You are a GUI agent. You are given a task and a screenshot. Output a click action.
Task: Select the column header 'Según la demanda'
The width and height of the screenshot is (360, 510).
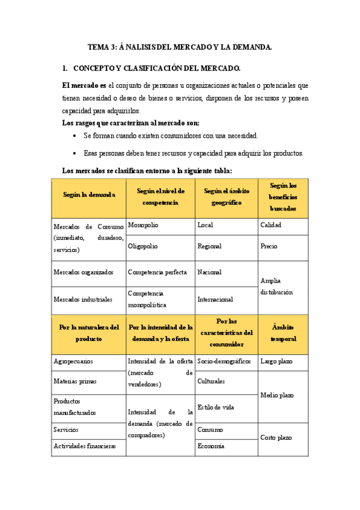[x=89, y=194]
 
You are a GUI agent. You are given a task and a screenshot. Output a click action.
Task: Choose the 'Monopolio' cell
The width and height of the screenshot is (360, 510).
[x=144, y=225]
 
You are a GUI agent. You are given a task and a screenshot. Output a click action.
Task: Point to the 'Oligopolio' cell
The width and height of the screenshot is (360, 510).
[x=144, y=246]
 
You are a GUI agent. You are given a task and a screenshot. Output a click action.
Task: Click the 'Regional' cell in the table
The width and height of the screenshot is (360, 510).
[x=209, y=246]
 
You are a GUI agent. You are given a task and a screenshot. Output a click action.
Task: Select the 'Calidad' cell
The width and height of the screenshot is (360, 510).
[x=270, y=225]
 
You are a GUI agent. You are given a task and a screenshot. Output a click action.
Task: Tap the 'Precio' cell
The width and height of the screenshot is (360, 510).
[x=269, y=246]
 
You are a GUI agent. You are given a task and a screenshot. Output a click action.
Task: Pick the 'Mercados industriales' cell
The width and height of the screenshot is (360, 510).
[x=83, y=299]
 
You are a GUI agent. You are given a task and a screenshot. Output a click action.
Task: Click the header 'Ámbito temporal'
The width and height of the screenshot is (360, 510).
[x=283, y=334]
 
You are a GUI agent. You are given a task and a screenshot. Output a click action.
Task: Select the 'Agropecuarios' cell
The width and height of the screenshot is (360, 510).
[x=73, y=362]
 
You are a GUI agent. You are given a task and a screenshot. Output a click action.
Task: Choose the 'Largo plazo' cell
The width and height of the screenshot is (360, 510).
[x=276, y=362]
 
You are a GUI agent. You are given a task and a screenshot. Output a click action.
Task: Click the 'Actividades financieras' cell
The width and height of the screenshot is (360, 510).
[x=85, y=446]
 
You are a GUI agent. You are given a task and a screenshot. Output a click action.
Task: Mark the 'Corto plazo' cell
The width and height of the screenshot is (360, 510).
[x=276, y=437]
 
